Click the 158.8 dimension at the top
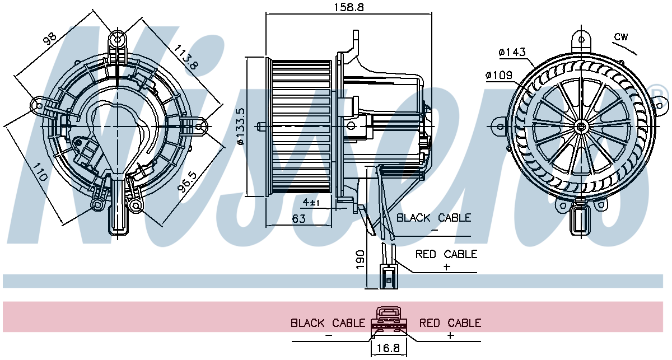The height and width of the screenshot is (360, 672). (x=349, y=7)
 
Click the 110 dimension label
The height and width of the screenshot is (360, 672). (x=40, y=172)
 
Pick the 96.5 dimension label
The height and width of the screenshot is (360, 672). (x=186, y=182)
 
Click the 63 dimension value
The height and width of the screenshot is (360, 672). (x=298, y=219)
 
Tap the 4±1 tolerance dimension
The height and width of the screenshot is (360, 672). (x=311, y=203)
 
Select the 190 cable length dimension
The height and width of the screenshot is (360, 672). (x=360, y=259)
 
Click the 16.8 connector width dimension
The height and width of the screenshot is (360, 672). (x=388, y=348)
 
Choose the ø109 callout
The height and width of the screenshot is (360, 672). (x=498, y=75)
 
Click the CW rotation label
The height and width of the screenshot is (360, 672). (x=621, y=37)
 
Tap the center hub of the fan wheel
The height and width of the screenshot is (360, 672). (x=581, y=127)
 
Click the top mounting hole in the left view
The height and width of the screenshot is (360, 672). (x=118, y=39)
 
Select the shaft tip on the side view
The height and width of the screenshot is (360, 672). (x=260, y=127)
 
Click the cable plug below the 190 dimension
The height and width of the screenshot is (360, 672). (x=389, y=277)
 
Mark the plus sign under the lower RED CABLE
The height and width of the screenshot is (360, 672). (x=450, y=335)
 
